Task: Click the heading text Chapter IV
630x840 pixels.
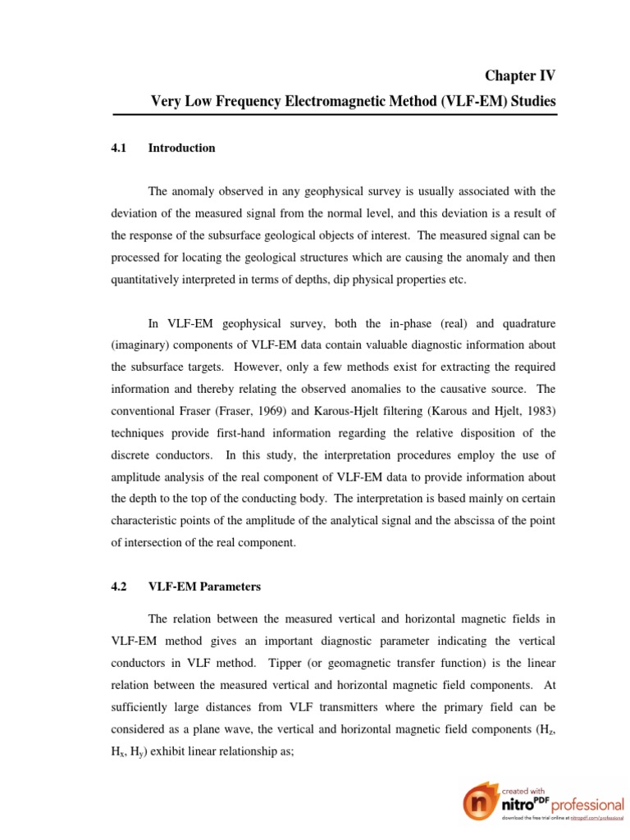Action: (520, 76)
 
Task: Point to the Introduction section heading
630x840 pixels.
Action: (181, 148)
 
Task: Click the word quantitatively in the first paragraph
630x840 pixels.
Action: (151, 280)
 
